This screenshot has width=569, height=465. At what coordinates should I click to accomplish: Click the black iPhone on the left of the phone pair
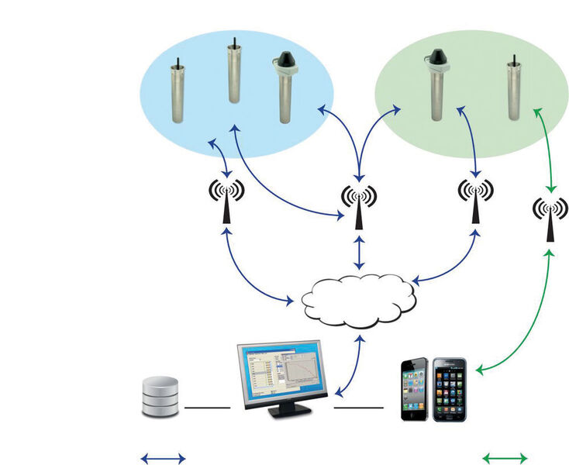[x=415, y=389]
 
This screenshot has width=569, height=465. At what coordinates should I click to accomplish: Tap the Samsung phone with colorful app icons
[x=449, y=390]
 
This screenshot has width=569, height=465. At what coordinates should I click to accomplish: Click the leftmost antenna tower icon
[x=226, y=201]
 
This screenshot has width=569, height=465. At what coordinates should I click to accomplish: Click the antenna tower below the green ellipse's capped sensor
[x=474, y=201]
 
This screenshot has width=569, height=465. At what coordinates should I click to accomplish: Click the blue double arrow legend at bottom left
[x=162, y=458]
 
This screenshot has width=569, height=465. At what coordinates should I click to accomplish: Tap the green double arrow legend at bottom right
[x=505, y=458]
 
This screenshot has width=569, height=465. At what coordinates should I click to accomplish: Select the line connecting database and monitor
[x=207, y=407]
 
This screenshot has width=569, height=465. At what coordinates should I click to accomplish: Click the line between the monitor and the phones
[x=358, y=407]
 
